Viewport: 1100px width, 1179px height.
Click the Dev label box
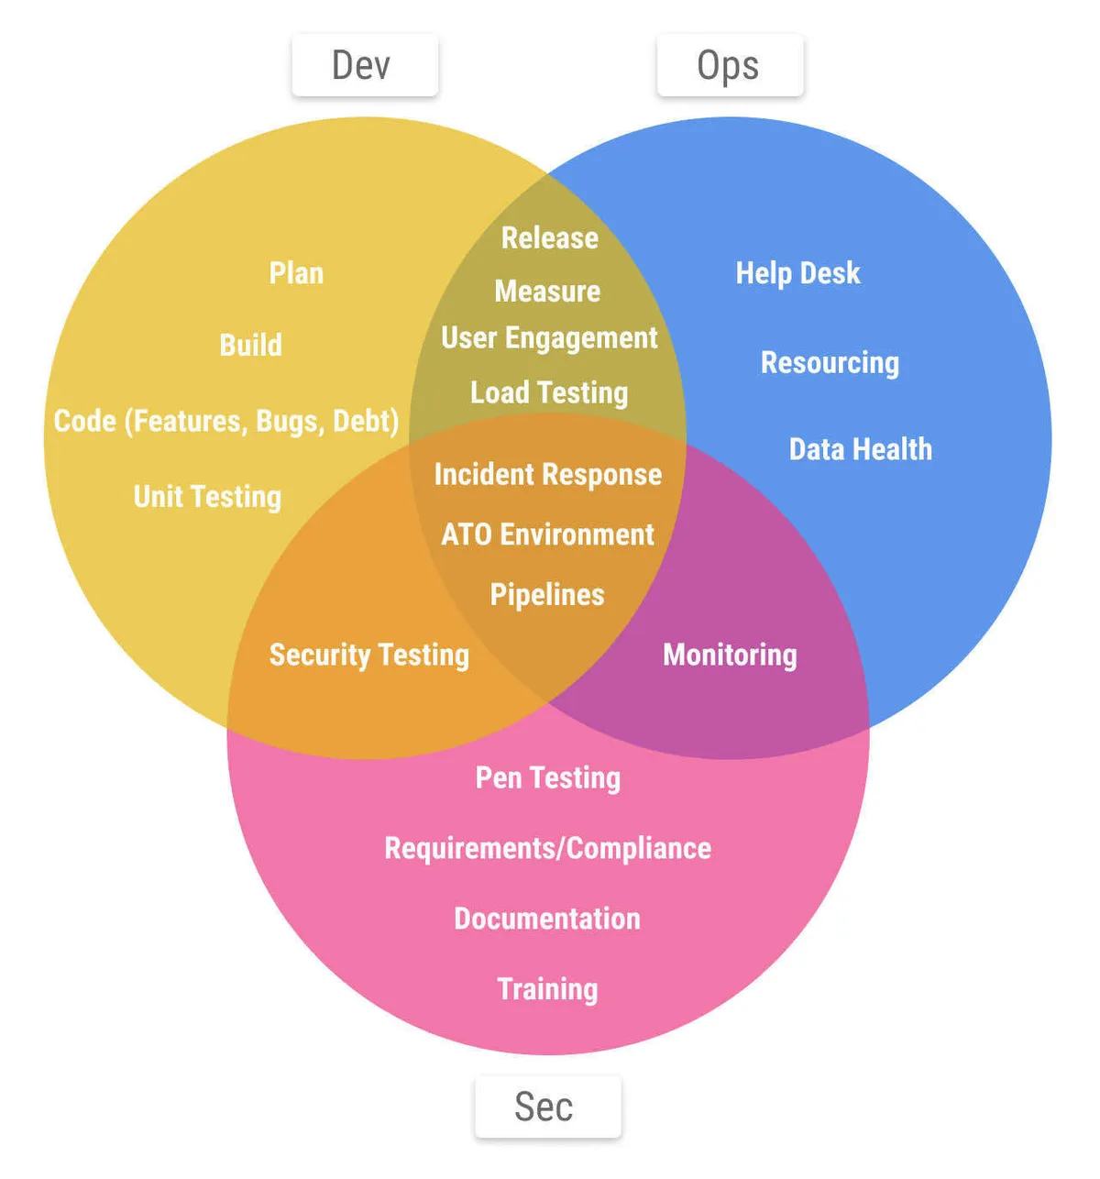point(364,66)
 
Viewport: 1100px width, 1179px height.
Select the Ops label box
point(730,66)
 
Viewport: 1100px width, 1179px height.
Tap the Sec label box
point(547,1107)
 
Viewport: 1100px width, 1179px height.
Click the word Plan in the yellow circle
point(296,273)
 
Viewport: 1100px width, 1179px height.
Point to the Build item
point(250,346)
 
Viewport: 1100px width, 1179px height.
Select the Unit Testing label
point(207,497)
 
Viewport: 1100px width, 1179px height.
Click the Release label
point(549,238)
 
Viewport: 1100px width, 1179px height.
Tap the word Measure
point(547,292)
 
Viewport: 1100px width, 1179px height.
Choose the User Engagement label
point(549,338)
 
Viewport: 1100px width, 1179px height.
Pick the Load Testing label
point(549,393)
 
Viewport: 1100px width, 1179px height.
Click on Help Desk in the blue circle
point(797,273)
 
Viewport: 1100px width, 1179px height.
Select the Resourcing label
point(830,363)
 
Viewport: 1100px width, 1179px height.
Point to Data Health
point(860,449)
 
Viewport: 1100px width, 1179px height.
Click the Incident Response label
point(547,475)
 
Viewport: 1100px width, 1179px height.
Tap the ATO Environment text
point(547,534)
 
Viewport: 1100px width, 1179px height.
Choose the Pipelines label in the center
point(547,595)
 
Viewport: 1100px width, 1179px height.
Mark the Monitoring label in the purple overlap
point(730,655)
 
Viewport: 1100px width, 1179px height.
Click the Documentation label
point(547,919)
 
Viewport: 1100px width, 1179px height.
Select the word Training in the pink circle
point(547,989)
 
